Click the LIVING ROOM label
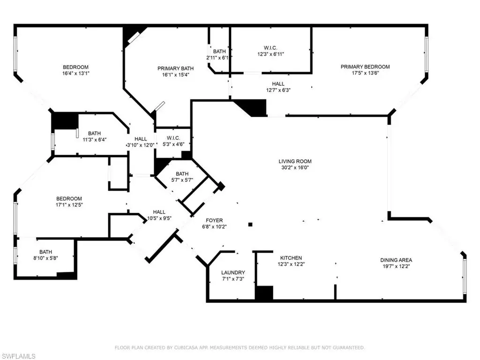pos(295,161)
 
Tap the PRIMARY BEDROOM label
pos(365,67)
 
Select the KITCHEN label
pos(291,258)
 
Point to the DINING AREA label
pos(396,260)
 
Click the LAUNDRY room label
pos(233,272)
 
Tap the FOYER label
pos(214,220)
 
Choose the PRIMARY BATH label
pos(175,68)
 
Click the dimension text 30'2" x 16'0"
pos(295,168)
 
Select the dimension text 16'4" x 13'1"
pos(75,74)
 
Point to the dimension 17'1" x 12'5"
pos(69,205)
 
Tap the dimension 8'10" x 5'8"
pos(45,258)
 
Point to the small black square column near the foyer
pos(250,225)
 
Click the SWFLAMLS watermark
pos(18,356)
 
